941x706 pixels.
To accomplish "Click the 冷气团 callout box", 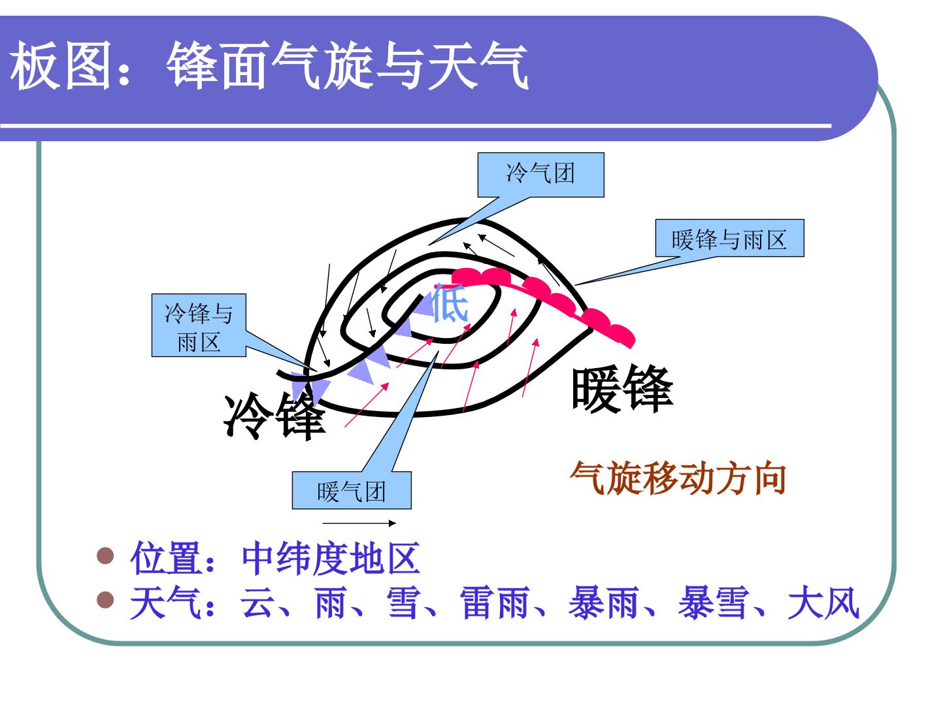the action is [540, 175].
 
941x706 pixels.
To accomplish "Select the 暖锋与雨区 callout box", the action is [729, 239].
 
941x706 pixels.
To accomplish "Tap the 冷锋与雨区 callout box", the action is [199, 326].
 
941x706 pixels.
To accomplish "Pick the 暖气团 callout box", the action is [352, 491].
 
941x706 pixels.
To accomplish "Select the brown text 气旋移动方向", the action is [679, 478].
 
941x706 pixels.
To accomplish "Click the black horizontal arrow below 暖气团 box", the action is [359, 523].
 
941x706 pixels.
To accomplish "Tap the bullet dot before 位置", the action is [105, 556].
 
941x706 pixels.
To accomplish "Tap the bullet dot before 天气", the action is [105, 599].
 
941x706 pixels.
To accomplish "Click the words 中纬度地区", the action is [331, 558].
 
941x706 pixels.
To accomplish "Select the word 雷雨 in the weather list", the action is [494, 603].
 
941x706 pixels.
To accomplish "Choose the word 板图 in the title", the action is [61, 65].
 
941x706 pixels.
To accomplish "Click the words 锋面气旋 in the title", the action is [269, 65].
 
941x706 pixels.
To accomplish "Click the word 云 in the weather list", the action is [257, 603].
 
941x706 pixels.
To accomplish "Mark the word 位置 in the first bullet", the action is [167, 558].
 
